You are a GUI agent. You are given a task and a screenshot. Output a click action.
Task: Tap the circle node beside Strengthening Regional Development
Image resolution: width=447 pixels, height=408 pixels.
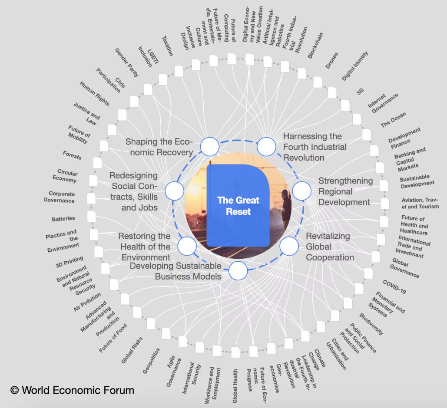(x=301, y=191)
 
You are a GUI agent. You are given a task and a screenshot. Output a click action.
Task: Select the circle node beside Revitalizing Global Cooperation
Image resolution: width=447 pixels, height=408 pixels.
(x=289, y=246)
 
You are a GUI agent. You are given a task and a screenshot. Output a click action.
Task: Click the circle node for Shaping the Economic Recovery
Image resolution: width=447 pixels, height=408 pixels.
(x=210, y=146)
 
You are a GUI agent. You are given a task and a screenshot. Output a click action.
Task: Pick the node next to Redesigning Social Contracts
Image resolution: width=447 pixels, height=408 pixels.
(x=175, y=191)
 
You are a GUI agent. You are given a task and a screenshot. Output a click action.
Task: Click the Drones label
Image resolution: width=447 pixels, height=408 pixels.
(x=331, y=60)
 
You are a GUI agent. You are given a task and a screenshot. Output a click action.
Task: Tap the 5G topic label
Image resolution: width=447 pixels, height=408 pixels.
(x=360, y=91)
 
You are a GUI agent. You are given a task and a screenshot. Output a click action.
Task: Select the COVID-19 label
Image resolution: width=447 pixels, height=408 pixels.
(x=394, y=287)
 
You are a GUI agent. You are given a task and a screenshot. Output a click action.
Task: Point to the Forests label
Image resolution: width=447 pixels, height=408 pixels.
(x=72, y=155)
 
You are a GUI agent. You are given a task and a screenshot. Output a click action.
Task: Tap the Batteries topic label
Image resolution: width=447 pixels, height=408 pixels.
(x=63, y=219)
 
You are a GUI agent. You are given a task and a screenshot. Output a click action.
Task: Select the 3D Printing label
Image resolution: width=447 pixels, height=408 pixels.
(x=69, y=262)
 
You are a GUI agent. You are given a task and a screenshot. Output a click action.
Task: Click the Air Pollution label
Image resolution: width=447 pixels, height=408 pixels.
(x=87, y=302)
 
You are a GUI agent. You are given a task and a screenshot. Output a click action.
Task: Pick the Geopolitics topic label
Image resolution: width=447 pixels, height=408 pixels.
(x=151, y=360)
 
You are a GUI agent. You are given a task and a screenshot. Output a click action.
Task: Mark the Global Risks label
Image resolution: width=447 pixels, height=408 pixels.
(x=132, y=350)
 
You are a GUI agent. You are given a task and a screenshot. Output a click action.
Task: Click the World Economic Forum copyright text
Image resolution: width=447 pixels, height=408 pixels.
(x=72, y=390)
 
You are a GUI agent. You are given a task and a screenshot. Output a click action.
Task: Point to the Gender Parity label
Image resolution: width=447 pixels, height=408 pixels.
(x=126, y=63)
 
